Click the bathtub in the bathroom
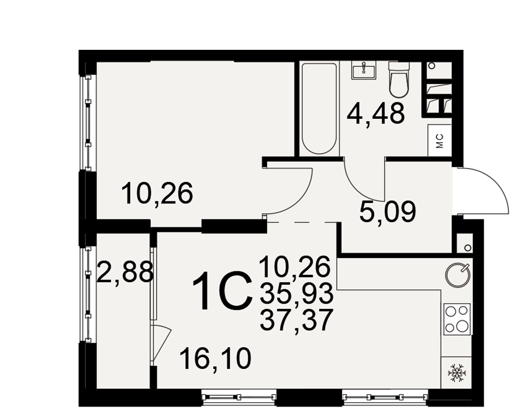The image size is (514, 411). pos(319,108)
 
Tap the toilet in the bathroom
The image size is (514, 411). pos(399,79)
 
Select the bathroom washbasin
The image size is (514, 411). pos(364,70)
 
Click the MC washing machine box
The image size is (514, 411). pos(440,140)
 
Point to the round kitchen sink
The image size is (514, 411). pos(457,274)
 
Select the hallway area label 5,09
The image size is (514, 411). pos(388,212)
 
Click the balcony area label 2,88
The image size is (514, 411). pos(125,272)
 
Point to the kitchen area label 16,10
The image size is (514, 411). pos(215,359)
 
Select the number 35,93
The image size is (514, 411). pos(297,293)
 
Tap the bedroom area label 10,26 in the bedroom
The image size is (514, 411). pos(157,193)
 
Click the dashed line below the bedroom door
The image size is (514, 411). pos(302,222)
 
